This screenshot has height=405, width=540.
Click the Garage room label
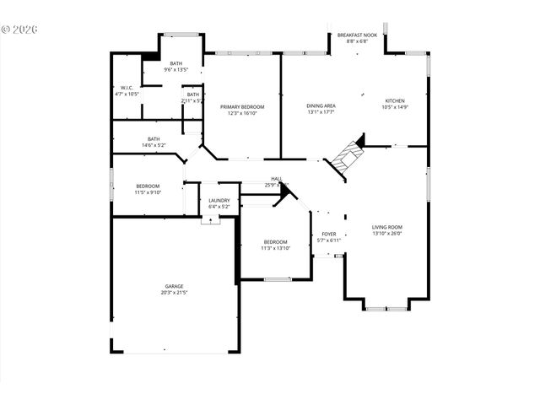click(x=175, y=286)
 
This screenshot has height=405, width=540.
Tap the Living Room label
click(x=387, y=226)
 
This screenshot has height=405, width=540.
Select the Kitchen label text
click(x=395, y=100)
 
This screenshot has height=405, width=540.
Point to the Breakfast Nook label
click(x=353, y=35)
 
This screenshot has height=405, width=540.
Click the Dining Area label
click(x=321, y=105)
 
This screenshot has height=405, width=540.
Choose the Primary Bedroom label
click(x=243, y=106)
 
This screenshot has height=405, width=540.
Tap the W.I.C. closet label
click(x=127, y=88)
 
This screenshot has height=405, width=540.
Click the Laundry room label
click(x=219, y=200)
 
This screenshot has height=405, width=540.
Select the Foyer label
click(x=329, y=235)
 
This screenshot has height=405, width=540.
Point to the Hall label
click(x=276, y=179)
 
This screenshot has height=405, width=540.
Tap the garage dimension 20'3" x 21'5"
click(x=175, y=293)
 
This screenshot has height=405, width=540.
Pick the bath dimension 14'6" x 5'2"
click(x=154, y=145)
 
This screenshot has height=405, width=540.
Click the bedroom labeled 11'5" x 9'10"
click(x=148, y=188)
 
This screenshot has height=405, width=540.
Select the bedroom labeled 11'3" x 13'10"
click(x=275, y=245)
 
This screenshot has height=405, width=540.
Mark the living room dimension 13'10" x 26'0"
click(x=387, y=233)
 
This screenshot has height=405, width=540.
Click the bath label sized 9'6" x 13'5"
click(x=175, y=67)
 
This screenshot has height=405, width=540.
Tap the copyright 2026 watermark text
click(x=20, y=29)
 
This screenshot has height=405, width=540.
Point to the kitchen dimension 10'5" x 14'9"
click(x=395, y=107)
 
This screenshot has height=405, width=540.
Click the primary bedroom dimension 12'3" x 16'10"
click(x=243, y=113)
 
